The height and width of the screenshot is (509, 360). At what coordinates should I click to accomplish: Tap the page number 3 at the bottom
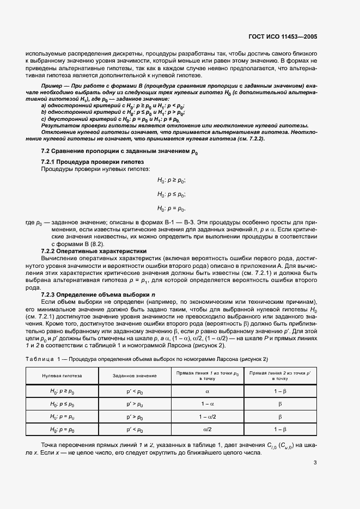coord(314,463)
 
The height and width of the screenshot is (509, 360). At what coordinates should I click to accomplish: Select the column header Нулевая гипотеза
coord(62,376)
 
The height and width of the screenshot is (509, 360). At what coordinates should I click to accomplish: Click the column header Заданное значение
coord(135,376)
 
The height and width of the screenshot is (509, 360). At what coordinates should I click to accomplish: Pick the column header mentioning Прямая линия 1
coord(208,376)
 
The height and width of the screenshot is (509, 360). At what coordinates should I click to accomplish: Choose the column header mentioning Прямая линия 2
coord(280,376)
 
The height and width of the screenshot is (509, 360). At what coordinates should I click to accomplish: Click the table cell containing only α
coord(208,391)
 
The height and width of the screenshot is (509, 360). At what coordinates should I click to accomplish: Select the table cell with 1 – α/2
coord(208,417)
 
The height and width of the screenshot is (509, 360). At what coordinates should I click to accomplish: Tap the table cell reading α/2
coord(208,430)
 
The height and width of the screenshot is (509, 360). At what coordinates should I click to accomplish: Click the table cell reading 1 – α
coord(208,404)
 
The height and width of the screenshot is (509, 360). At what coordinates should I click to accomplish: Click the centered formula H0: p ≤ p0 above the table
coord(172,194)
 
